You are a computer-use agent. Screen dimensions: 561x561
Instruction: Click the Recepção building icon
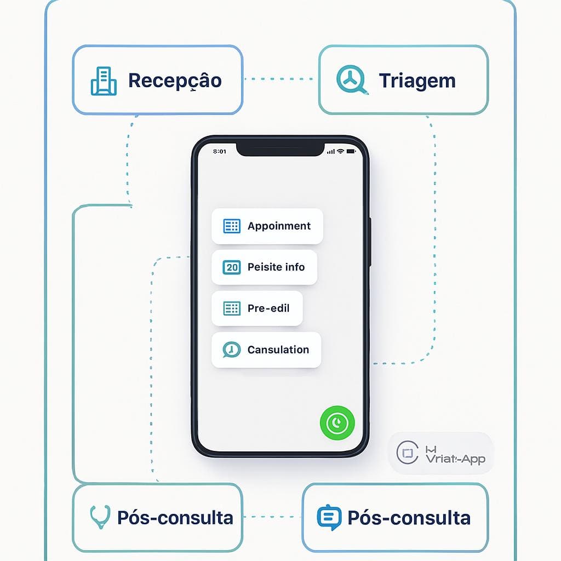103,81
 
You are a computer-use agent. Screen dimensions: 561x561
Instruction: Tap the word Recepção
175,81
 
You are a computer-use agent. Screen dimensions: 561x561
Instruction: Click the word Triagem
417,81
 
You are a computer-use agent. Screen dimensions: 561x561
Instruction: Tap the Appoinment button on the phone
267,226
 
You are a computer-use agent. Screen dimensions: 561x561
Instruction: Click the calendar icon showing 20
232,267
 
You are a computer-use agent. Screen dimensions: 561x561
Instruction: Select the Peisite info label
276,267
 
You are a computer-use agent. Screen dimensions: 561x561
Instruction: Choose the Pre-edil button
257,308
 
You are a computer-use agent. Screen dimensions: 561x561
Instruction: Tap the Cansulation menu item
266,350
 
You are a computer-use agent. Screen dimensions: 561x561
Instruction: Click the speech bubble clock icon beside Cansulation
231,350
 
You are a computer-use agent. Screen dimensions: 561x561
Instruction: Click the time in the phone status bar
219,151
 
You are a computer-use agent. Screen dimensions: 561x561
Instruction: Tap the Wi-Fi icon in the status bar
340,151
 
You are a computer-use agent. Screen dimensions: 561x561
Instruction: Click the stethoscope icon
99,517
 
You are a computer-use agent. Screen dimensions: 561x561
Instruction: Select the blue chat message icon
329,517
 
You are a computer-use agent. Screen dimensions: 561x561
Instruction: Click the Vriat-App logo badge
441,453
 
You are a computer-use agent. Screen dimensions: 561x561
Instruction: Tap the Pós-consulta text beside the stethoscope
175,518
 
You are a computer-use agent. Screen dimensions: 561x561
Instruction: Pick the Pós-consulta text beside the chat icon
409,518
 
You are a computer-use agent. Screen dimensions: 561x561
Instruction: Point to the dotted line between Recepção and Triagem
280,79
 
